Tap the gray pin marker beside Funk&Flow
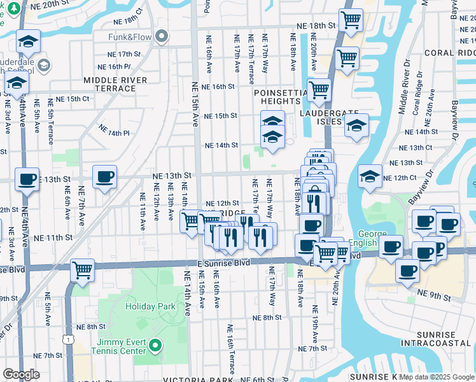[x=162, y=36]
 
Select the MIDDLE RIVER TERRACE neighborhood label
[x=115, y=84]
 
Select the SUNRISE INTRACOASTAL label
[x=436, y=339]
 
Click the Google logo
[x=21, y=374]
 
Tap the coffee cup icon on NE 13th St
[x=104, y=177]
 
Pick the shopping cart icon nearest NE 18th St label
[x=351, y=21]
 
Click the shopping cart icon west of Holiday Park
[x=82, y=271]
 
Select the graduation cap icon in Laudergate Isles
[x=356, y=126]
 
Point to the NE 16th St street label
[x=218, y=87]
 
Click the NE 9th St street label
[x=434, y=297]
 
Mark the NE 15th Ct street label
[x=73, y=99]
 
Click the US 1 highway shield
[x=67, y=341]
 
